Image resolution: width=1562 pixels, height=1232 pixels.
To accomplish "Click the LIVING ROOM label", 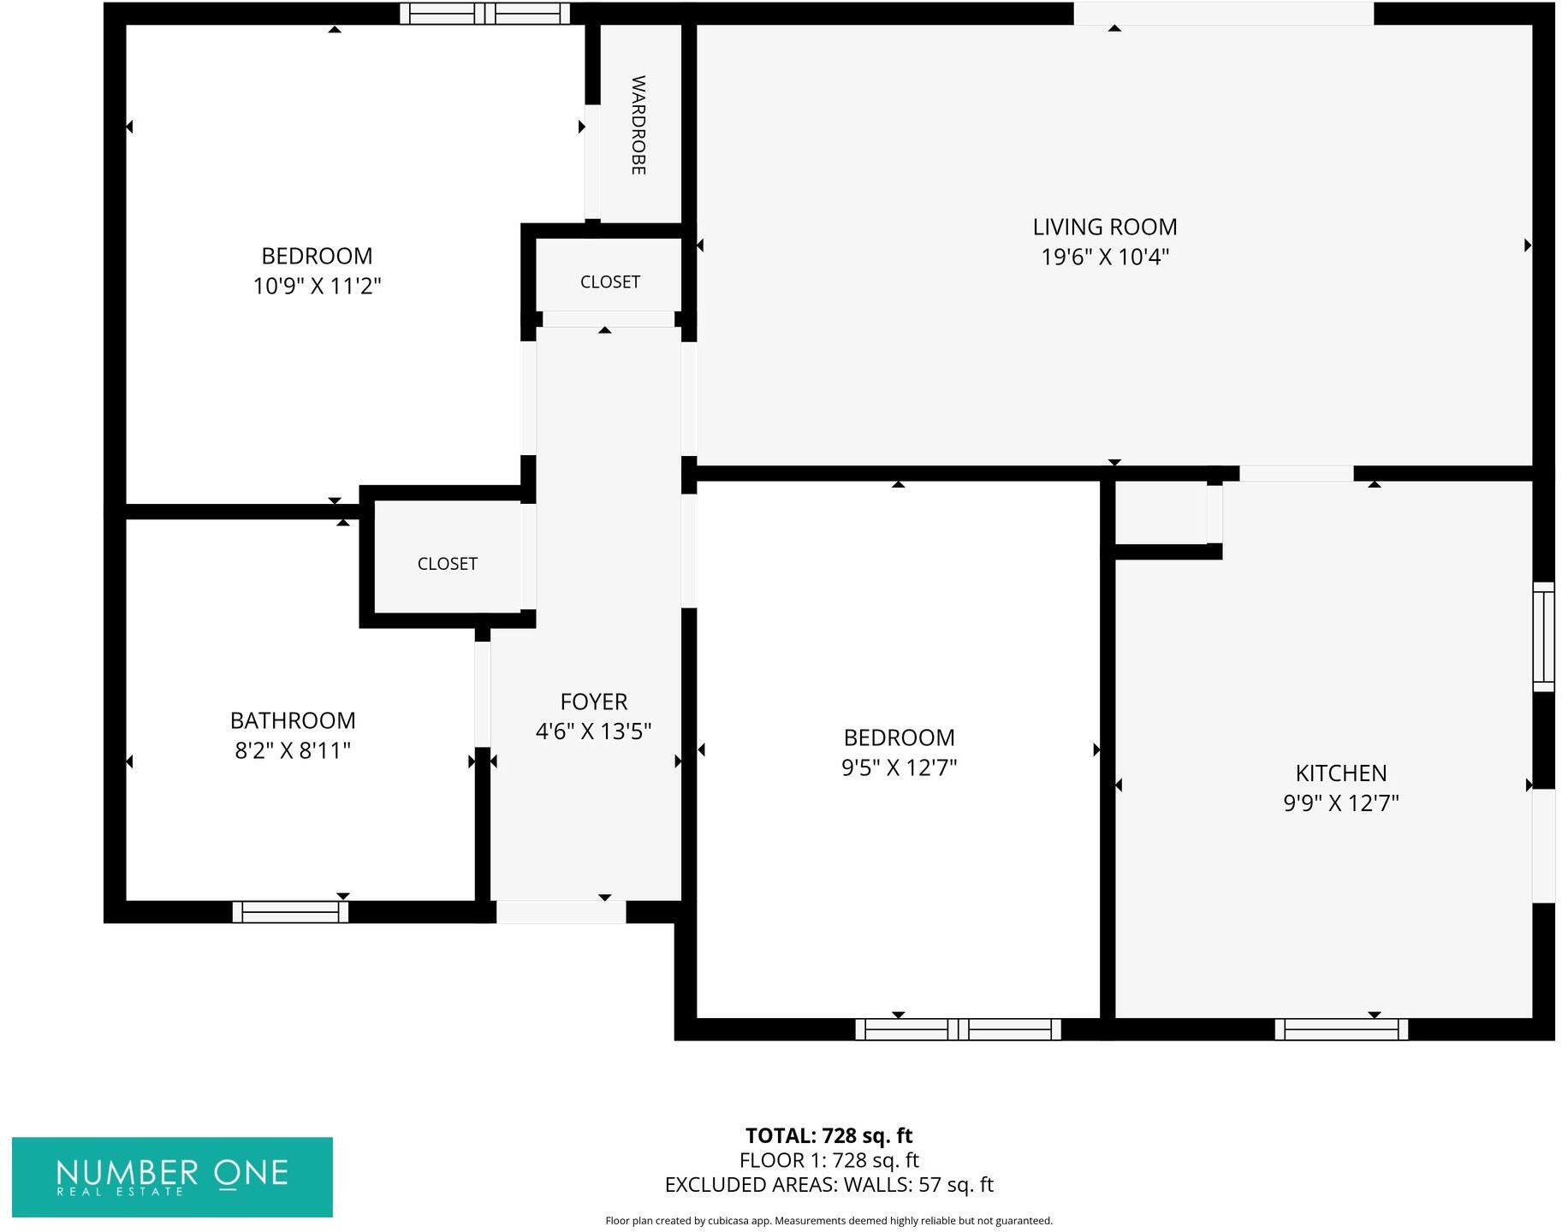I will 1104,227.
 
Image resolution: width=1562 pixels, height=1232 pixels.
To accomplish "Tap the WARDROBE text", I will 638,125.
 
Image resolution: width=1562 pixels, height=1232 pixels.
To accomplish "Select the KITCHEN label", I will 1340,773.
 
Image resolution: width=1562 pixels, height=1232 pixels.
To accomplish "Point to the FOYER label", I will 593,702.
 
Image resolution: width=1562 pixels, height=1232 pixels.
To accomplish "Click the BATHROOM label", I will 293,720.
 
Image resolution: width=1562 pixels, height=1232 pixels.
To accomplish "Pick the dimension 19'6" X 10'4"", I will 1104,257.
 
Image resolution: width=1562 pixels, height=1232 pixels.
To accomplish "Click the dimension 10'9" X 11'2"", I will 317,286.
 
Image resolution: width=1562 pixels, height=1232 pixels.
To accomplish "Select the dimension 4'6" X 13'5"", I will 593,731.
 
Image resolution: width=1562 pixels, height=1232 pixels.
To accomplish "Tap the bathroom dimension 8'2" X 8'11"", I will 293,750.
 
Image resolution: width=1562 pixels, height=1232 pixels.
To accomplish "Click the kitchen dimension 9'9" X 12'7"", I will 1340,803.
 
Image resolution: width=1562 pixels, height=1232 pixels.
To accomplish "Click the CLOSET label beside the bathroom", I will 447,564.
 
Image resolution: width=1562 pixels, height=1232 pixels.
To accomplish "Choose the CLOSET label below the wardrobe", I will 609,281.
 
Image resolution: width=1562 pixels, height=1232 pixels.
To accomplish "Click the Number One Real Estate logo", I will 172,1176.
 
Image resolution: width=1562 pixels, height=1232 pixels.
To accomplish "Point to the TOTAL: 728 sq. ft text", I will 829,1135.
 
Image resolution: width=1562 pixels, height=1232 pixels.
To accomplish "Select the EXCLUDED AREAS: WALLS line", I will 829,1185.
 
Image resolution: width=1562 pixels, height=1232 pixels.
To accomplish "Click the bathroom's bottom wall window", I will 290,912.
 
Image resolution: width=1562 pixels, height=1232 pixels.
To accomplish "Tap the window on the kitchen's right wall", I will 1542,636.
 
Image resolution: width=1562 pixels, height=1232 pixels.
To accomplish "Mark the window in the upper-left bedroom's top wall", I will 484,13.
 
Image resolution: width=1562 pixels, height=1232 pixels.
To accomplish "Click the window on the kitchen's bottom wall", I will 1340,1029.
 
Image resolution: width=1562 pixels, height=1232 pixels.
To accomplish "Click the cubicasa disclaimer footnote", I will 829,1221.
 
